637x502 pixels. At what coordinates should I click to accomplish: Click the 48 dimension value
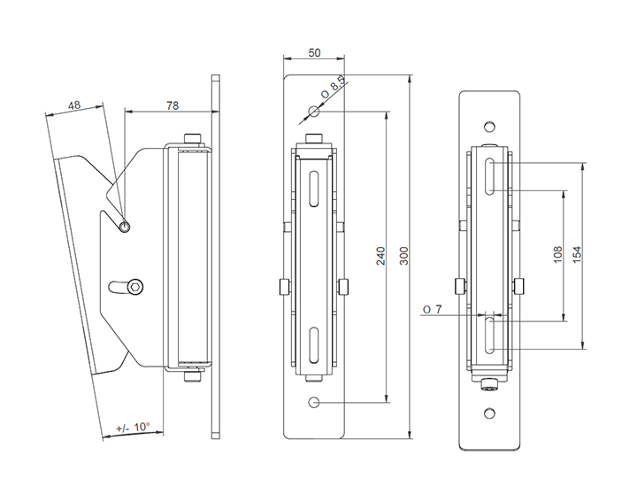(73, 105)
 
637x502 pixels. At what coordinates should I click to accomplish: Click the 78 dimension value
(172, 105)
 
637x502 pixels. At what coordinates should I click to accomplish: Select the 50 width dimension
(314, 53)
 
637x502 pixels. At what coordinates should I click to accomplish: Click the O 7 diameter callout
(432, 309)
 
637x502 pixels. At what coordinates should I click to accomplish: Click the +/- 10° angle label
(134, 429)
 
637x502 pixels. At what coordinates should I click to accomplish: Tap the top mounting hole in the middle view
(314, 112)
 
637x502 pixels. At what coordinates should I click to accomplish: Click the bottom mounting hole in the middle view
(314, 403)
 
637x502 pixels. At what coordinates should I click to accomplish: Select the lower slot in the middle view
(314, 344)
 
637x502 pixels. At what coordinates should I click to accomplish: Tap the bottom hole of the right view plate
(489, 413)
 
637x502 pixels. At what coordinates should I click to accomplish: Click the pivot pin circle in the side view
(127, 226)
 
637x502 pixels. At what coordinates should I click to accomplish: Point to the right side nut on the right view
(520, 285)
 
